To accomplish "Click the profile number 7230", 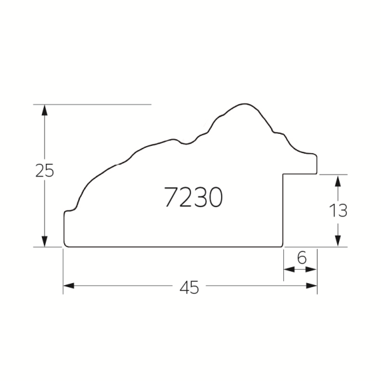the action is (193, 197).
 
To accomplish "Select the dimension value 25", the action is (44, 170).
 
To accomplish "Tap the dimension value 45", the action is (189, 288).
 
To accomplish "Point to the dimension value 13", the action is (338, 210).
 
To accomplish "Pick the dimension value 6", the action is (302, 258).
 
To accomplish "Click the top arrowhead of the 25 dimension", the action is (44, 110).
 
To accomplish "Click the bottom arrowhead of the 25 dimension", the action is (44, 241).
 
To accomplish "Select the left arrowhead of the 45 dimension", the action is (69, 286).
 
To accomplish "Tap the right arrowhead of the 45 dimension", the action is (312, 286).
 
